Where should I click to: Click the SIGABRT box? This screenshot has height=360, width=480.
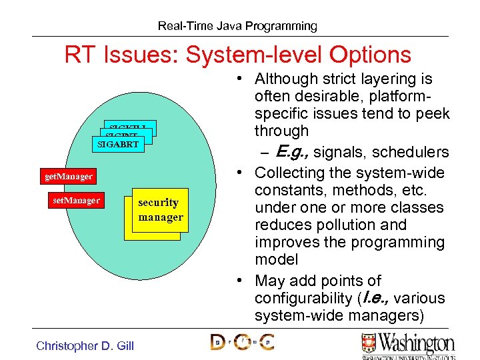coord(118,143)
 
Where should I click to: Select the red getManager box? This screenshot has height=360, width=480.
coord(68,177)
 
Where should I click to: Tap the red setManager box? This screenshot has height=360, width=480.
coord(76,200)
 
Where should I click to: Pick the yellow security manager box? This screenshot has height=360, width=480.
coord(160,210)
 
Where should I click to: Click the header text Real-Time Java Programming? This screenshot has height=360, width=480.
coord(237,26)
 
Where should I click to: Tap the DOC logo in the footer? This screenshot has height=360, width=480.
coord(242,342)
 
